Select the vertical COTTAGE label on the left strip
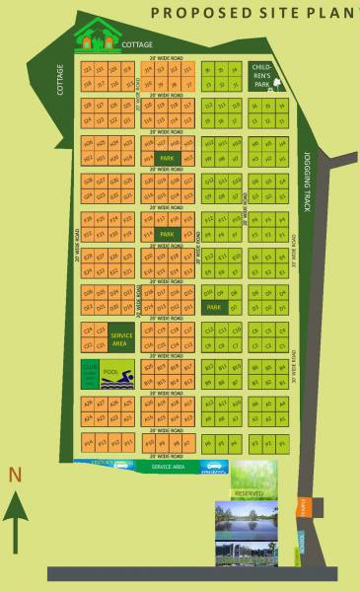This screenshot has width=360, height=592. [61, 80]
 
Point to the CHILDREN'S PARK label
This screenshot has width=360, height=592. [261, 73]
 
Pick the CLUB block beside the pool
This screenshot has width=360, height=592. [89, 375]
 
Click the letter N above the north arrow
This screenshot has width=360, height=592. [15, 475]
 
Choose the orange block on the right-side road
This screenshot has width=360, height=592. [305, 508]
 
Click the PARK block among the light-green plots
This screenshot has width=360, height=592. [213, 308]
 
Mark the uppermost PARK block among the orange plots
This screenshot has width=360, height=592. [167, 157]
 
